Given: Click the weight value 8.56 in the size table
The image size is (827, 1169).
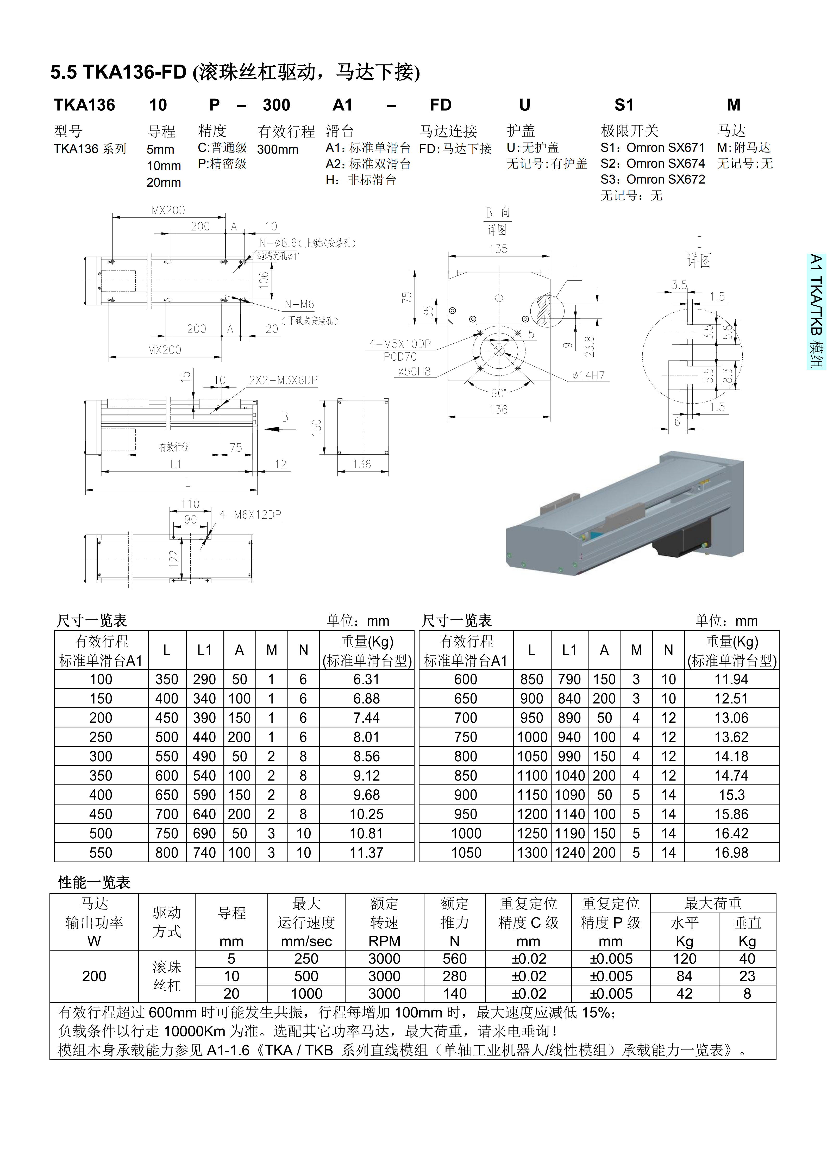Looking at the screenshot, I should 367,757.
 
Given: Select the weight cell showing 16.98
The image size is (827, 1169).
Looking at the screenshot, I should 731,853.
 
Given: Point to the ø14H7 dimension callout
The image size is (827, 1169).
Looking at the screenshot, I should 588,376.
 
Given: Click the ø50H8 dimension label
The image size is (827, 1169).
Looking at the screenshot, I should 414,372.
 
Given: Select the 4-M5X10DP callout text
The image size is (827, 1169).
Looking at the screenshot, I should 400,344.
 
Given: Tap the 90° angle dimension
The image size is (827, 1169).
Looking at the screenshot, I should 498,393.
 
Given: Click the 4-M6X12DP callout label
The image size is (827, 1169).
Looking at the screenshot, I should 250,515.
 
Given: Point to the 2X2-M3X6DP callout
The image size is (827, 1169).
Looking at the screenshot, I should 283,380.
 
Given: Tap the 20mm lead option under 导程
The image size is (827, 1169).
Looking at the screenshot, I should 164,182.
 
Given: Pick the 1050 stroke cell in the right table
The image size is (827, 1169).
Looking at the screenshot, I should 466,853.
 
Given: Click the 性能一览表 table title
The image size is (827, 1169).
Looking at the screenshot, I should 94,882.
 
